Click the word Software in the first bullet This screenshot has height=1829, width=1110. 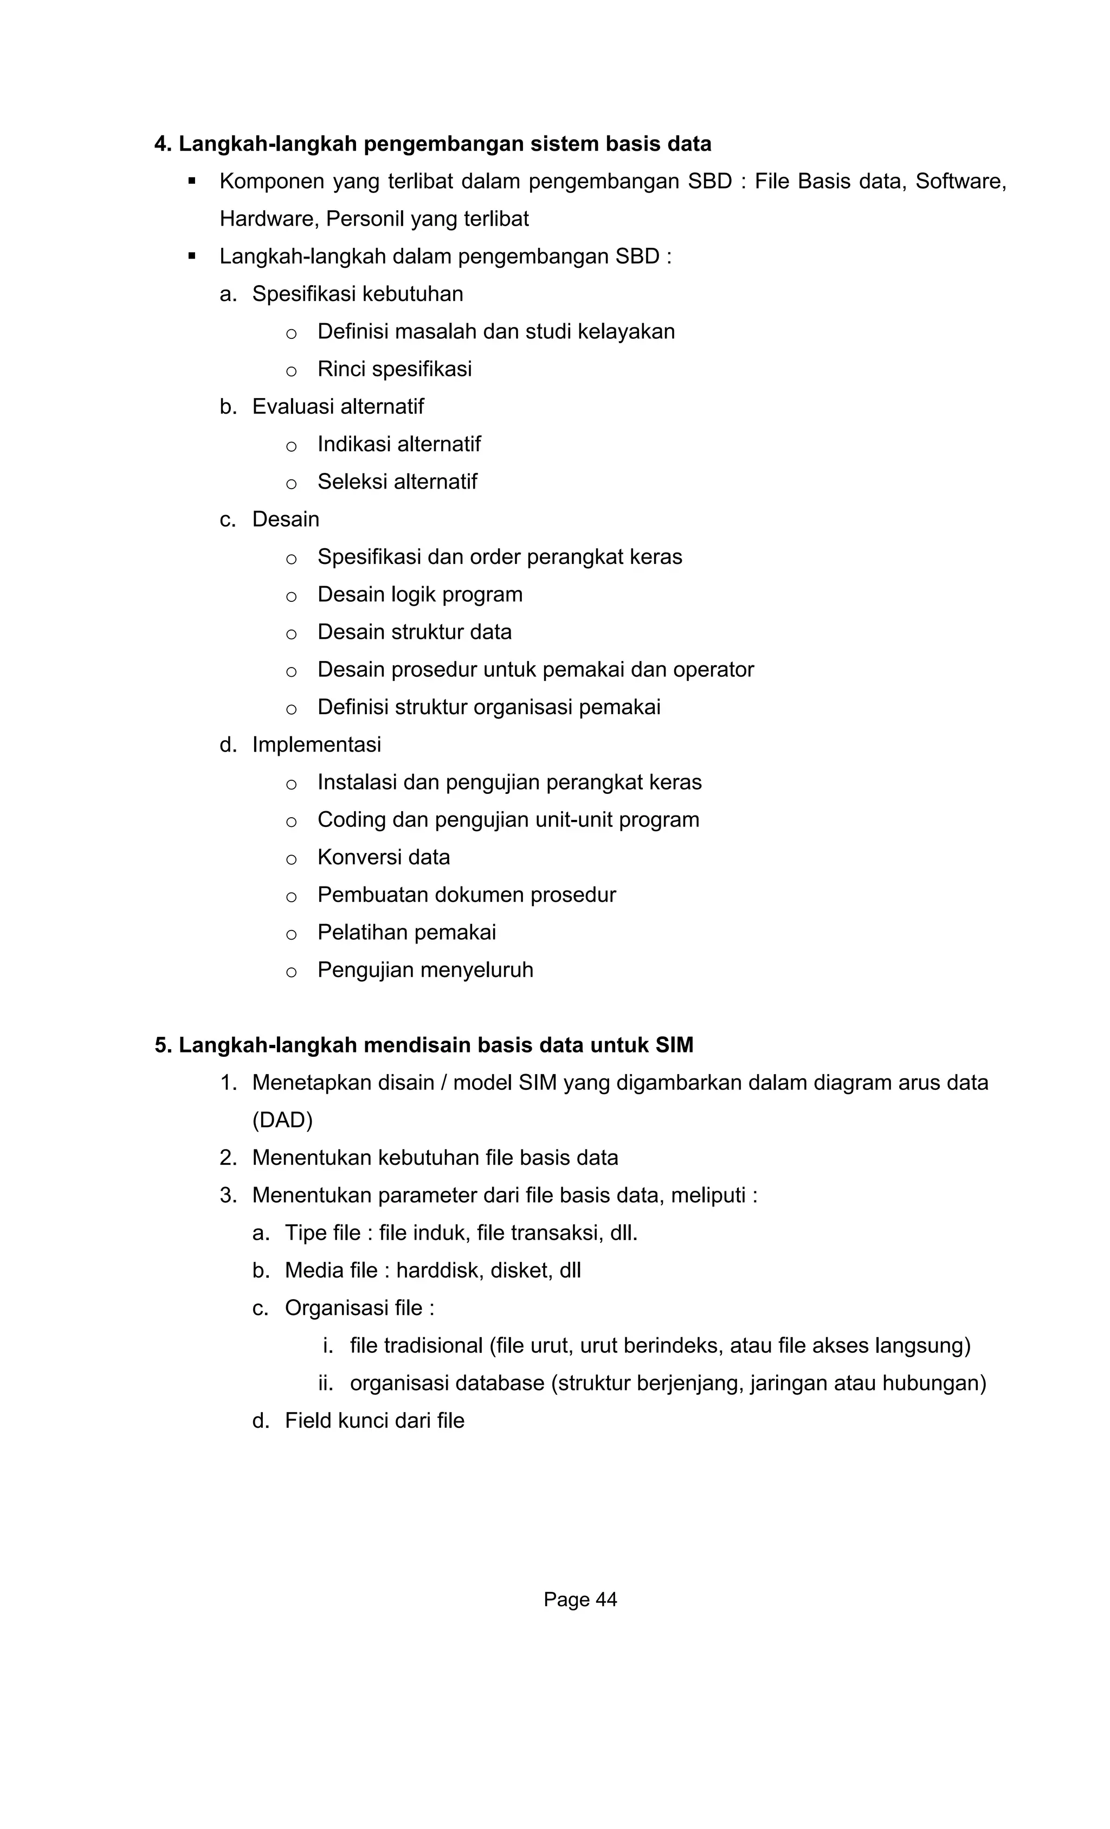point(960,181)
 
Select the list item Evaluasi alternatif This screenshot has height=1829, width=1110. point(338,407)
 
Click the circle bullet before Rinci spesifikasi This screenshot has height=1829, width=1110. point(292,371)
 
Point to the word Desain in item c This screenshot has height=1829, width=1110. point(286,519)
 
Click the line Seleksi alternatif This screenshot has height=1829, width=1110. point(397,482)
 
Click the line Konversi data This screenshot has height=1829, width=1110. point(384,857)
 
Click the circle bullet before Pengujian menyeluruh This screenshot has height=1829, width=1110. point(292,972)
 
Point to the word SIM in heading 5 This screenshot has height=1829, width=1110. point(674,1045)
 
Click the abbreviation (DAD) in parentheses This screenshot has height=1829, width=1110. point(283,1120)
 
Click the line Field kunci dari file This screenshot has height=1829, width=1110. point(374,1421)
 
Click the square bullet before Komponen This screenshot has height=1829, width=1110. point(192,181)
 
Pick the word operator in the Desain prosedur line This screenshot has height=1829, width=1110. point(713,670)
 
